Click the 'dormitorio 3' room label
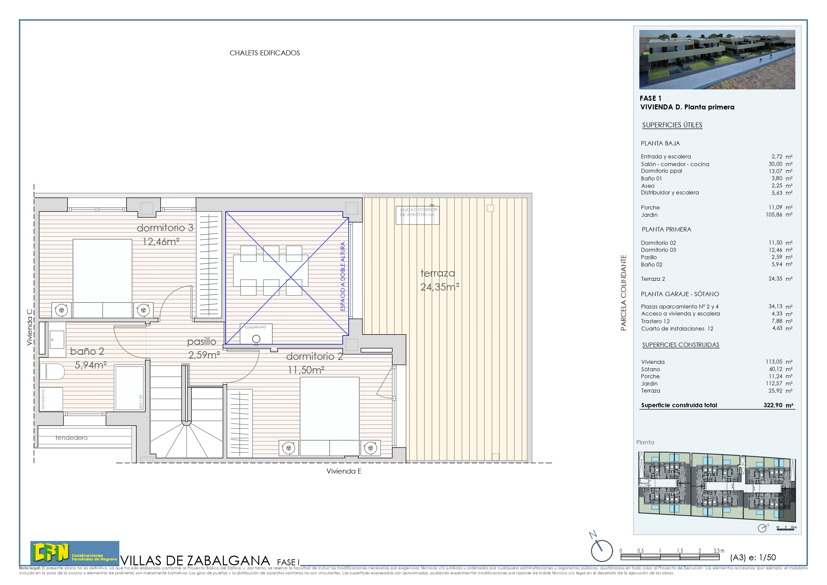(165, 228)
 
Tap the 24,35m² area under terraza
(439, 287)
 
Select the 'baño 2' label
(87, 352)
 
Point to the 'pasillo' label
(202, 341)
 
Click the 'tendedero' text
(71, 438)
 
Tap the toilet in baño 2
(52, 372)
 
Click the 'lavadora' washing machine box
(51, 399)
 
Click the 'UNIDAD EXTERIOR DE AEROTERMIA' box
(417, 215)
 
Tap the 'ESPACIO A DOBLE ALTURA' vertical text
(343, 276)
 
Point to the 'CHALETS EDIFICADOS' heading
(265, 53)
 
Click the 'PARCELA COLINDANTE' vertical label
(623, 293)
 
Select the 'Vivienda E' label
(344, 471)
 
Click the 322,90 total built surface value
(773, 405)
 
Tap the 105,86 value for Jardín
(774, 214)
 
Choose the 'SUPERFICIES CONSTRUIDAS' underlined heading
(680, 345)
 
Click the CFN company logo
(75, 553)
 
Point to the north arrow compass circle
(602, 551)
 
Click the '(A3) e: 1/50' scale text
(752, 557)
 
